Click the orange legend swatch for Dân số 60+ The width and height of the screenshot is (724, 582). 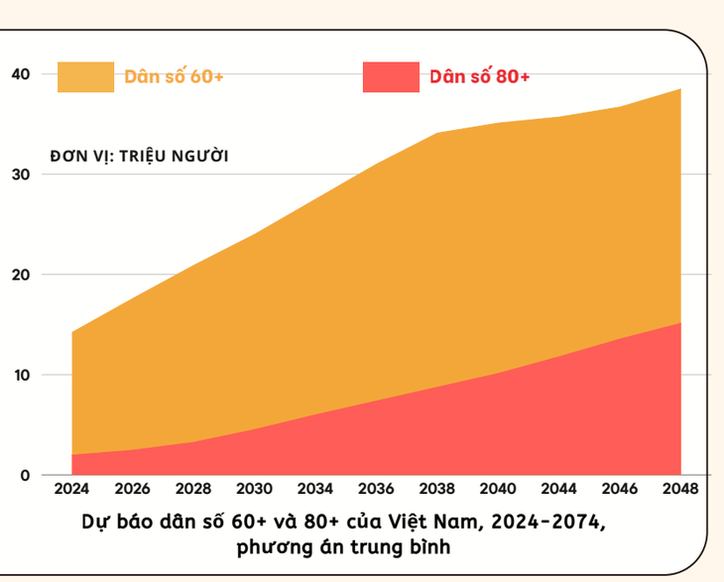(85, 76)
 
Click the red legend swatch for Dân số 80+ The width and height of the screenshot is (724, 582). (391, 76)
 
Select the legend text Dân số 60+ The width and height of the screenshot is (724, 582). (174, 76)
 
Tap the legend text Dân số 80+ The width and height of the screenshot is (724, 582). (480, 76)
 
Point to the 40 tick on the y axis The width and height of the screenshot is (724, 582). (22, 74)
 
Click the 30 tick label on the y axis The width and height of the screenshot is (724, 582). (22, 175)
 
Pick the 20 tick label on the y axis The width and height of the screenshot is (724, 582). (22, 275)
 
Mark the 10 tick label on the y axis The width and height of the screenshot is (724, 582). (22, 375)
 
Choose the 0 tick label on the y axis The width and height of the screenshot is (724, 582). (26, 475)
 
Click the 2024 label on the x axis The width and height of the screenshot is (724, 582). (71, 490)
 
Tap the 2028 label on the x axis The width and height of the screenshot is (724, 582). (193, 490)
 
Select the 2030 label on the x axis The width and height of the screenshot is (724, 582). (254, 490)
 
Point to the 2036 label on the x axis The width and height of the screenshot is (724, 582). (376, 490)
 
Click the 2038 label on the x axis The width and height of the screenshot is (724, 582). (437, 490)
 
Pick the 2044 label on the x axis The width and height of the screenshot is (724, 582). (559, 490)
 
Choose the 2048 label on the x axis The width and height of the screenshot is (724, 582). (680, 490)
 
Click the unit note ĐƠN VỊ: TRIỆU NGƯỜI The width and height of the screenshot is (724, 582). (139, 156)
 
